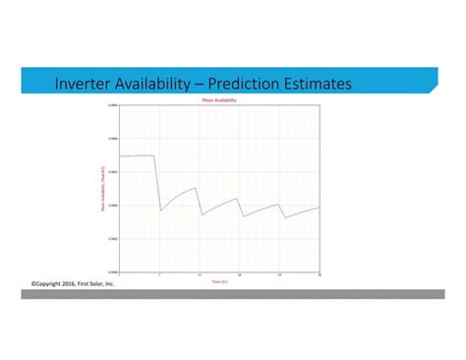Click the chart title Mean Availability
pyautogui.click(x=219, y=101)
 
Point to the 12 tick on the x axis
pyautogui.click(x=200, y=274)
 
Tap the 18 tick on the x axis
pyautogui.click(x=239, y=274)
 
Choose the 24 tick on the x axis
pyautogui.click(x=279, y=274)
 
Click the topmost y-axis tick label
pyautogui.click(x=112, y=105)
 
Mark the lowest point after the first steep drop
pyautogui.click(x=161, y=210)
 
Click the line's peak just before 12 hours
pyautogui.click(x=196, y=188)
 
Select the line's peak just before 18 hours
pyautogui.click(x=237, y=199)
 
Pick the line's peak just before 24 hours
pyautogui.click(x=278, y=205)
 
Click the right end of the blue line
pyautogui.click(x=320, y=208)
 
